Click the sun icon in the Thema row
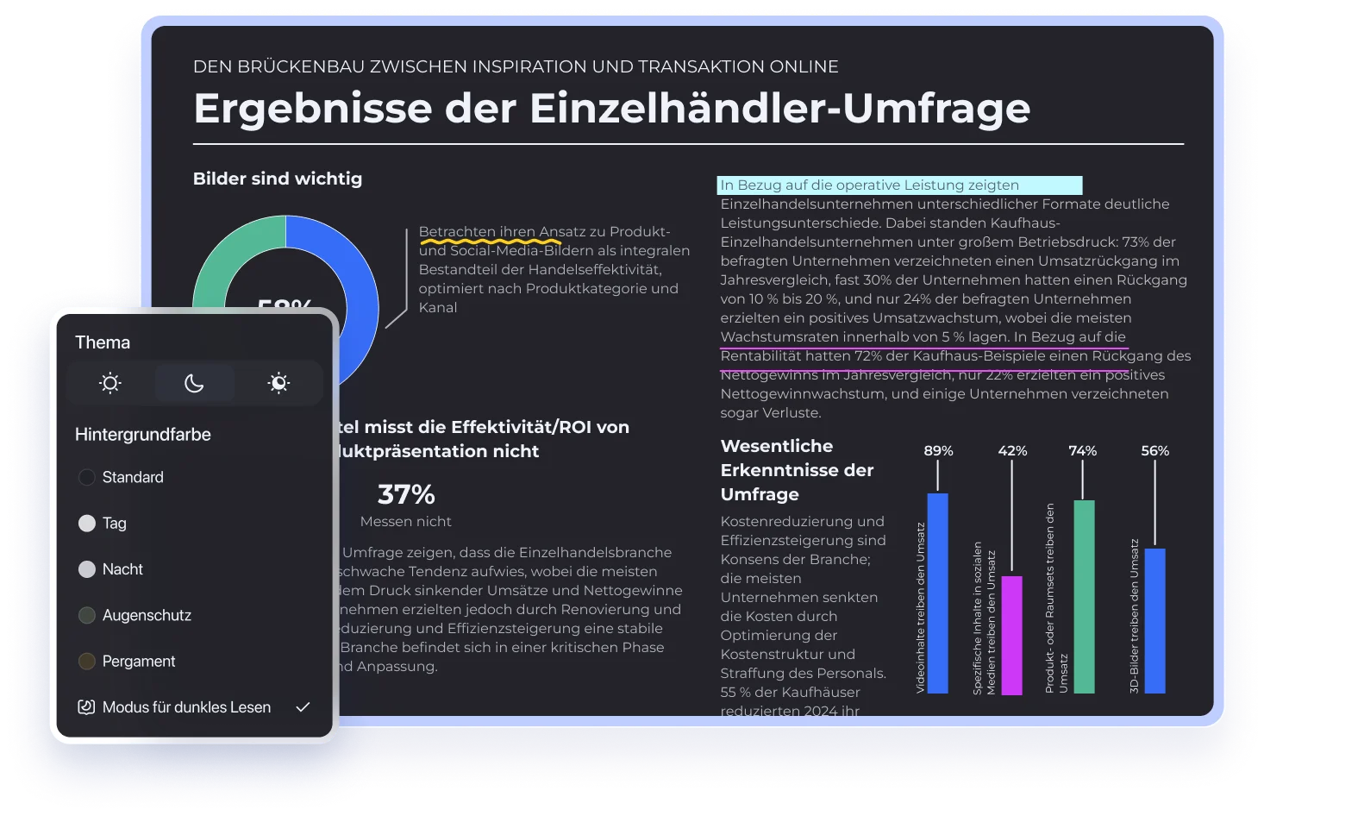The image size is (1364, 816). (x=109, y=383)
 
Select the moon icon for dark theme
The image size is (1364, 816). (x=194, y=383)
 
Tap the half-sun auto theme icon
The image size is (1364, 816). (x=278, y=383)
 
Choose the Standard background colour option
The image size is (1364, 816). (x=87, y=477)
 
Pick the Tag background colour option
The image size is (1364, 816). (x=87, y=523)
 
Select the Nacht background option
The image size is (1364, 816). (x=87, y=569)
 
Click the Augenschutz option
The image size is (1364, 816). (x=87, y=615)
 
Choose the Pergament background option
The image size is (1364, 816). (x=87, y=662)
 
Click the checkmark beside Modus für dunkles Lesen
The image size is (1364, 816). (x=303, y=707)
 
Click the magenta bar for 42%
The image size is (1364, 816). (x=1011, y=635)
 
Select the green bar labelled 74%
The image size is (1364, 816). (x=1084, y=597)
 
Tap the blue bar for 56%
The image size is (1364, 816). (x=1155, y=621)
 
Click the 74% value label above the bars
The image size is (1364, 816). (x=1082, y=451)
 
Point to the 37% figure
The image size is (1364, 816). (x=406, y=495)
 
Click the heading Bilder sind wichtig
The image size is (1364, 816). (x=278, y=179)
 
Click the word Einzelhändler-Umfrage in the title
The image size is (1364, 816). (x=779, y=109)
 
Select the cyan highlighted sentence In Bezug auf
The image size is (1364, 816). (x=898, y=185)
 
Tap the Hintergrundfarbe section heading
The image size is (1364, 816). (x=143, y=435)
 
